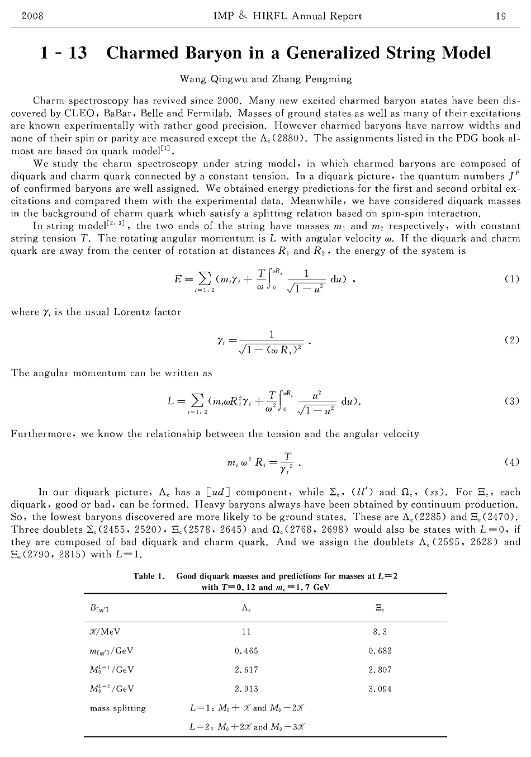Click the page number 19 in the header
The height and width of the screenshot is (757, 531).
pyautogui.click(x=500, y=16)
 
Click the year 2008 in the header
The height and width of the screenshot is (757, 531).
pyautogui.click(x=32, y=16)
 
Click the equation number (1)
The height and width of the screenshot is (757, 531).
pyautogui.click(x=511, y=279)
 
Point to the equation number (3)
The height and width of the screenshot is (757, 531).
pyautogui.click(x=511, y=401)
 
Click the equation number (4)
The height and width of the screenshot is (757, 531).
pyautogui.click(x=511, y=462)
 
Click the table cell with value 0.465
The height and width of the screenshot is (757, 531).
pyautogui.click(x=246, y=651)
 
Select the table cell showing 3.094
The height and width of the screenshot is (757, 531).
pyautogui.click(x=380, y=689)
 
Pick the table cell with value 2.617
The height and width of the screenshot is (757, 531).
pyautogui.click(x=246, y=670)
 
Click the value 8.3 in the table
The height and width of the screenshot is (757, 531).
pyautogui.click(x=380, y=632)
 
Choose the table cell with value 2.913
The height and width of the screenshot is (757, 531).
pyautogui.click(x=246, y=689)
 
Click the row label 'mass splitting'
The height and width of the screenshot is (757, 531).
pyautogui.click(x=118, y=708)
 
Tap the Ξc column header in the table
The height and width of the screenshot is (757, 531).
pyautogui.click(x=380, y=607)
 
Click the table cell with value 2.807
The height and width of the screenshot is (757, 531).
pyautogui.click(x=380, y=670)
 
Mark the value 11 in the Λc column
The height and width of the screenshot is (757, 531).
pyautogui.click(x=246, y=632)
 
